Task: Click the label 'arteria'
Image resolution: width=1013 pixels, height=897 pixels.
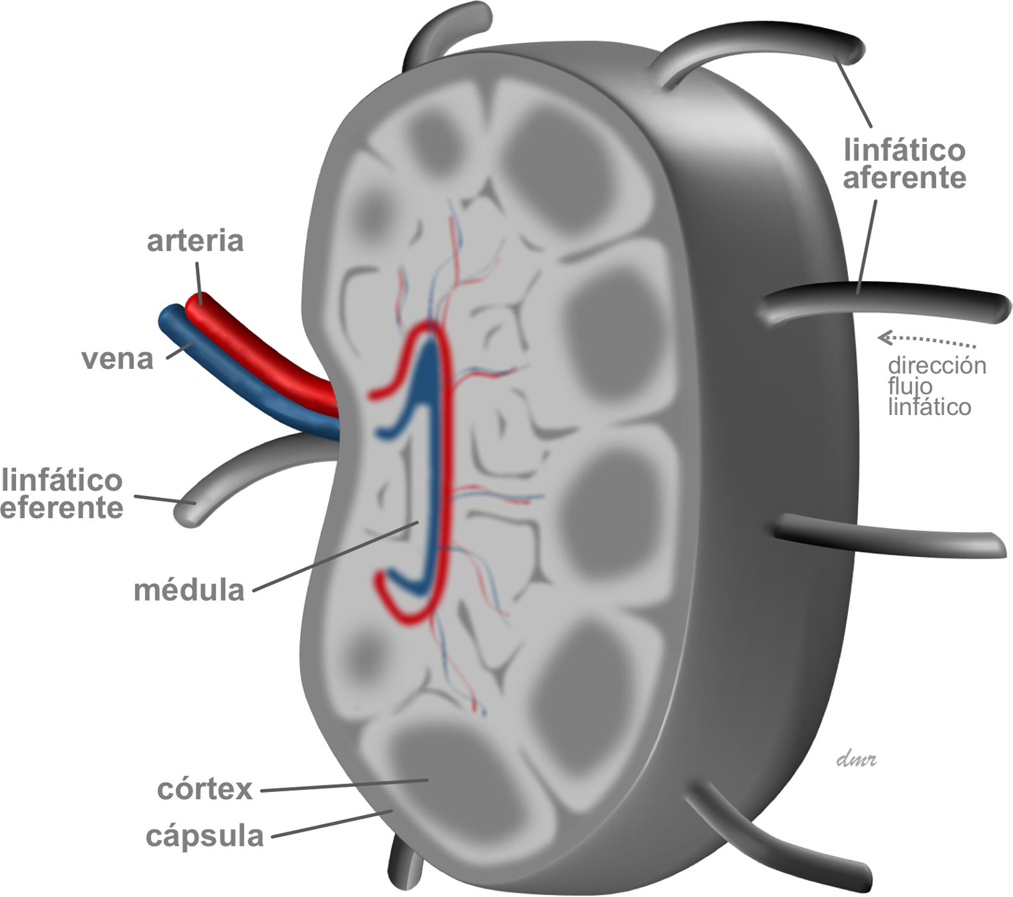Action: point(195,242)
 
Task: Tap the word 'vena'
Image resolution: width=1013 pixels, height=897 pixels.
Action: point(117,359)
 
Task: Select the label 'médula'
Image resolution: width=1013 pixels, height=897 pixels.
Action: point(189,590)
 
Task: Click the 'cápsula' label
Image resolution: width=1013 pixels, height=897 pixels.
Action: point(204,836)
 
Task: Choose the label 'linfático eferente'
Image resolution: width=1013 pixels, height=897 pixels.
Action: point(62,494)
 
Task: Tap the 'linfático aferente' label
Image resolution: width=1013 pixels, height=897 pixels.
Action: point(904,165)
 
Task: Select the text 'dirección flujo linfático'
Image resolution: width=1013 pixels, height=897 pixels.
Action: point(936,386)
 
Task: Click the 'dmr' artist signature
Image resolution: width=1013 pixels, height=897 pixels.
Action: point(856,760)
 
